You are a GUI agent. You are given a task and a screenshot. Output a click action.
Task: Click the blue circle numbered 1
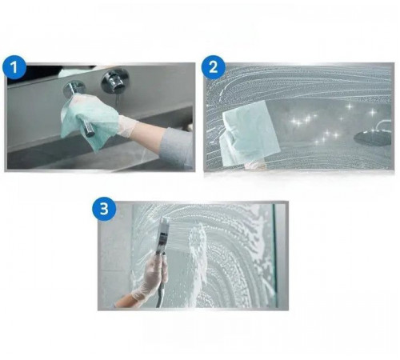pyautogui.click(x=14, y=67)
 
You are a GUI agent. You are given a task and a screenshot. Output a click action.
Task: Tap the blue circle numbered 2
pyautogui.click(x=214, y=67)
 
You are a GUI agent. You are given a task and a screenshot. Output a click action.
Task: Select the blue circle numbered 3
pyautogui.click(x=104, y=209)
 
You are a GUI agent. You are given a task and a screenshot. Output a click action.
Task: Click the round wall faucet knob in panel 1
pyautogui.click(x=115, y=81)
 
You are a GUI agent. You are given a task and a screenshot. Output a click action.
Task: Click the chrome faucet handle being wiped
pyautogui.click(x=79, y=106)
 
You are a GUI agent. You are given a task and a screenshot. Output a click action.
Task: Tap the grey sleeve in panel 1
pyautogui.click(x=177, y=147)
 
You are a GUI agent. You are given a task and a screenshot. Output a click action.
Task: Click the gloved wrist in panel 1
pyautogui.click(x=127, y=125)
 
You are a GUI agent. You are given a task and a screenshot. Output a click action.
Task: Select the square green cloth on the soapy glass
pyautogui.click(x=250, y=130)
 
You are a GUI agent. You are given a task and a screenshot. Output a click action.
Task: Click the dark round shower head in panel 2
pyautogui.click(x=373, y=138)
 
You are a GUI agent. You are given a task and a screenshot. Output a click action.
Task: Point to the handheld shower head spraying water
pyautogui.click(x=163, y=234)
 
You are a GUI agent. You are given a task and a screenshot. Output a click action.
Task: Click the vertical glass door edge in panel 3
pyautogui.click(x=274, y=255)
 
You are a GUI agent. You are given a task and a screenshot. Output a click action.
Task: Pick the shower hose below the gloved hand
pyautogui.click(x=159, y=295)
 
